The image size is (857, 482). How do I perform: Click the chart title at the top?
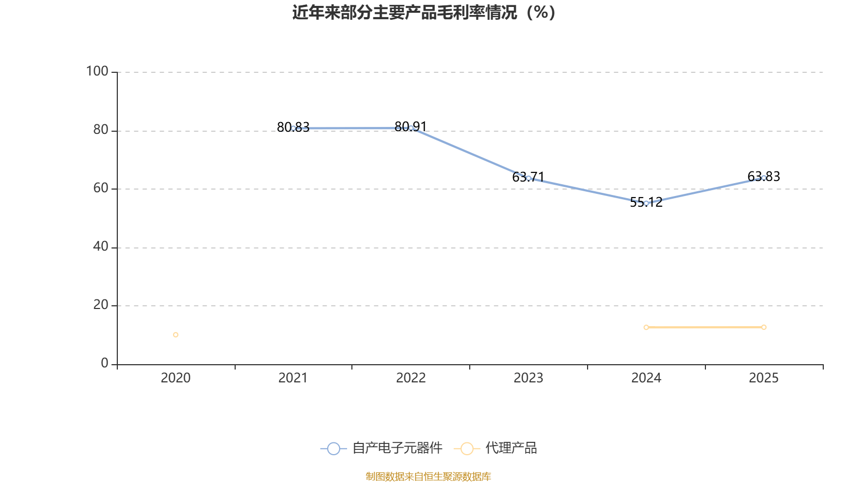(x=424, y=12)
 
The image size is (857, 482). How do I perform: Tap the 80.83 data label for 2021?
(x=293, y=127)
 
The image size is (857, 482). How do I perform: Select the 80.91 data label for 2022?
(x=410, y=127)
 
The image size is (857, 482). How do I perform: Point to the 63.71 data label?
(x=528, y=177)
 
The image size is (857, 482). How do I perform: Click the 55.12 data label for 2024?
(x=646, y=202)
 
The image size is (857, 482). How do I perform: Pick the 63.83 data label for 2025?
(x=763, y=177)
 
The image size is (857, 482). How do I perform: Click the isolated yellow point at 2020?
(x=176, y=335)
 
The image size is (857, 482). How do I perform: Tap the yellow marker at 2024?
(x=646, y=327)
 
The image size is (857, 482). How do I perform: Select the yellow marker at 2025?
(x=763, y=327)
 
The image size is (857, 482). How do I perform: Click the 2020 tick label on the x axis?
(x=176, y=378)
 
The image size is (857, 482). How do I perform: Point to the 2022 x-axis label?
(x=411, y=378)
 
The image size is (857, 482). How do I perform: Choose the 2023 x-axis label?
(x=528, y=378)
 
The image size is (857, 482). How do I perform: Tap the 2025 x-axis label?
(x=763, y=378)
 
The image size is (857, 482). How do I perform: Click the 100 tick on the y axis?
(x=97, y=71)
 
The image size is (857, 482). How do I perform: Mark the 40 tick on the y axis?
(x=101, y=247)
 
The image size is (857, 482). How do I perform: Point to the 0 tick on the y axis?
(x=104, y=364)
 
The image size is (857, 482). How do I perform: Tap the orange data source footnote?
(x=428, y=476)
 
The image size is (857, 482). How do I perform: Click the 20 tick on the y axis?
(x=101, y=305)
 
